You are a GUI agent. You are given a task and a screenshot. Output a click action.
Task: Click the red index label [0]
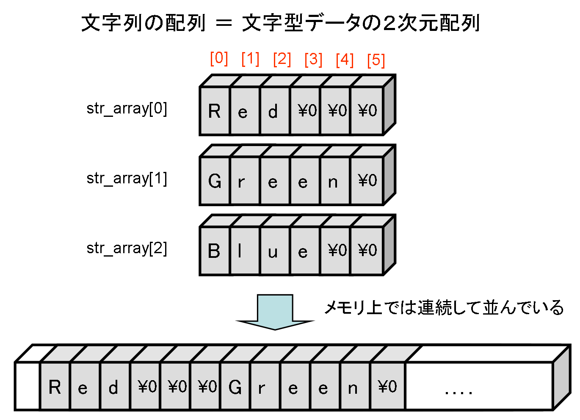(x=219, y=58)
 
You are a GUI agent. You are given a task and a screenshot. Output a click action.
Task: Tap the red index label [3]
(x=313, y=59)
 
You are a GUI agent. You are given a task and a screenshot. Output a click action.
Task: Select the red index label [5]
(x=376, y=60)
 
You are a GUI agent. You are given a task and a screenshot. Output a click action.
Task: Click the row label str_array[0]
(x=127, y=109)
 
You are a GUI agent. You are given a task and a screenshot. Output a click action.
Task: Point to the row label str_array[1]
(x=127, y=179)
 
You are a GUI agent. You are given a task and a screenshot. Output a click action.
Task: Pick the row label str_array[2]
(x=127, y=249)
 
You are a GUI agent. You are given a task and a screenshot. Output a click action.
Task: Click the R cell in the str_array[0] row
(x=215, y=111)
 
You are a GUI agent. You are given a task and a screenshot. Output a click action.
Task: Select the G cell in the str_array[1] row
(x=215, y=181)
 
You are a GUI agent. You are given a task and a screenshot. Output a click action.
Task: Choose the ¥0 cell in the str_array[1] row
(x=367, y=181)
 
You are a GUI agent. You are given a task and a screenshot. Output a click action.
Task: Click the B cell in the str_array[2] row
(x=215, y=251)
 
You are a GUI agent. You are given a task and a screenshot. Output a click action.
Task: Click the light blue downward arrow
(x=275, y=312)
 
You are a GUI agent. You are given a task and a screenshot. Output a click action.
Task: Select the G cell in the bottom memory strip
(x=235, y=387)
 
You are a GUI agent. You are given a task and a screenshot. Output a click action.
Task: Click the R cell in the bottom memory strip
(x=55, y=387)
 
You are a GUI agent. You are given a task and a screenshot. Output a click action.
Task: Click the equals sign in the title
(x=224, y=23)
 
